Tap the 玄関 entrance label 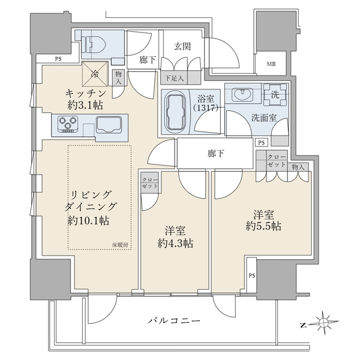click(182, 47)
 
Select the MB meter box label click(271, 64)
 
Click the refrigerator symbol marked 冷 click(95, 74)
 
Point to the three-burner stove click(67, 124)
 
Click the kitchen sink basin click(109, 125)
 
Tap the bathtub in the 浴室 click(176, 113)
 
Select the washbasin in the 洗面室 click(242, 95)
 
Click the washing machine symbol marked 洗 click(275, 95)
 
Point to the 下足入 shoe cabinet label click(175, 78)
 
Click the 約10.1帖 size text click(88, 221)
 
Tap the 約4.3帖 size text click(175, 244)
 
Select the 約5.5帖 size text click(263, 226)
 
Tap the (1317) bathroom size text click(206, 107)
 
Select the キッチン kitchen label click(86, 94)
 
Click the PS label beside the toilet click(58, 59)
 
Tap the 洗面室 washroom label click(264, 118)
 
